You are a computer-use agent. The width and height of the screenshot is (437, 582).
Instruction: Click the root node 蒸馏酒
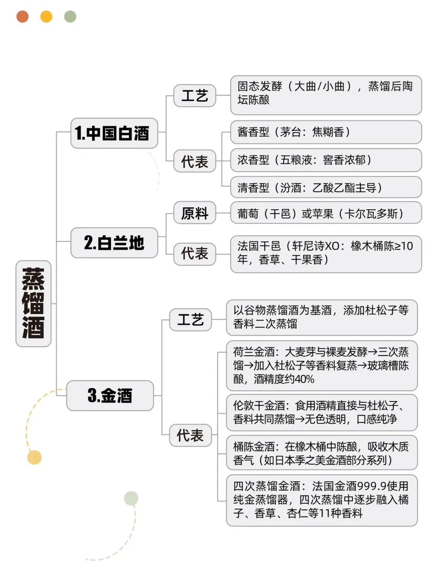click(33, 303)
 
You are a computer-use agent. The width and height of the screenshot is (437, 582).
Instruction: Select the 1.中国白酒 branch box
click(114, 133)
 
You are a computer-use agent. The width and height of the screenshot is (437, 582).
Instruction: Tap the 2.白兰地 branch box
click(114, 243)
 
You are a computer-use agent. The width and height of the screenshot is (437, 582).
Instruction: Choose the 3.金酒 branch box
click(110, 396)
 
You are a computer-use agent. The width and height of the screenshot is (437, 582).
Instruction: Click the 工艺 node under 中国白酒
click(194, 96)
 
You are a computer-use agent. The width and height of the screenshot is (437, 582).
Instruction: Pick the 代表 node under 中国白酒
click(194, 161)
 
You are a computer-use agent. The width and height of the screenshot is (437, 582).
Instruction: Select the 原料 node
click(194, 213)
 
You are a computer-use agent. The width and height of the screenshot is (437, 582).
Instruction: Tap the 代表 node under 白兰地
click(194, 254)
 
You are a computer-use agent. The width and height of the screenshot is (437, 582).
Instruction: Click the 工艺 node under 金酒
click(190, 320)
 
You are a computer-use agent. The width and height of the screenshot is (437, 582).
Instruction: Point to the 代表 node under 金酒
click(190, 436)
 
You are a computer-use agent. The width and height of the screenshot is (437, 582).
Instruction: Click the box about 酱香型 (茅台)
click(326, 132)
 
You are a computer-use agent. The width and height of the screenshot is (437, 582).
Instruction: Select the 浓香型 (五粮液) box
click(326, 160)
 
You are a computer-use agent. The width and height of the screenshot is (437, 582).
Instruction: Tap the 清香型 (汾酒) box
click(326, 188)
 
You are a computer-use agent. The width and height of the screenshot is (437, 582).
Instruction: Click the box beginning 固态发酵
click(326, 95)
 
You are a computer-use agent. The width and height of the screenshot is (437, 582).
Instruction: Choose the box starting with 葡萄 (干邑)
click(326, 213)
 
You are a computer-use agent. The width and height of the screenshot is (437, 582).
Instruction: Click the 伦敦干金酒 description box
click(322, 412)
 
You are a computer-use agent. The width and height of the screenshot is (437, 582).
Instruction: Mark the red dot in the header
click(22, 17)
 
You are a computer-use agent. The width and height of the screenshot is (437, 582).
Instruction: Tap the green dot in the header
click(70, 17)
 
